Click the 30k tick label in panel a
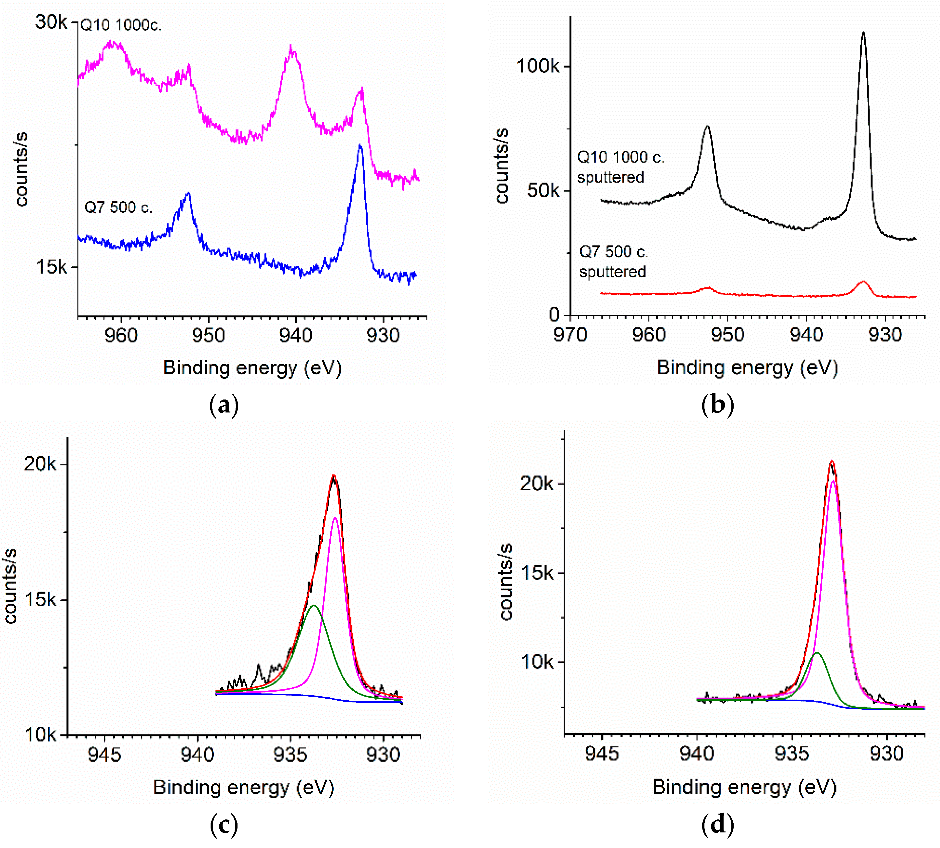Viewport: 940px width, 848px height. point(51,22)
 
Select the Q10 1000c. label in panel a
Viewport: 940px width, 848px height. point(121,25)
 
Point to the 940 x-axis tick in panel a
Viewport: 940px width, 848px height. point(296,336)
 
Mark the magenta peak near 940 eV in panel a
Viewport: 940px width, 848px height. point(292,47)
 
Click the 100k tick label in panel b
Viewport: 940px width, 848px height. point(538,66)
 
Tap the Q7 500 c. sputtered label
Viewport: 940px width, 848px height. point(613,261)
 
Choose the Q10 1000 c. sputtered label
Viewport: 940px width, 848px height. point(620,167)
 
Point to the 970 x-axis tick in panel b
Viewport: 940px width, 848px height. point(570,335)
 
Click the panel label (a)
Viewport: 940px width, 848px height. point(224,404)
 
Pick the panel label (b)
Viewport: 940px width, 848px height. point(717,404)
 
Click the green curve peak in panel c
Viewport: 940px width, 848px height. point(313,606)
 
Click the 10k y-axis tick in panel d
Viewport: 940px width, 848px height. point(537,662)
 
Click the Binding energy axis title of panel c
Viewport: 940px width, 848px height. point(244,787)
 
